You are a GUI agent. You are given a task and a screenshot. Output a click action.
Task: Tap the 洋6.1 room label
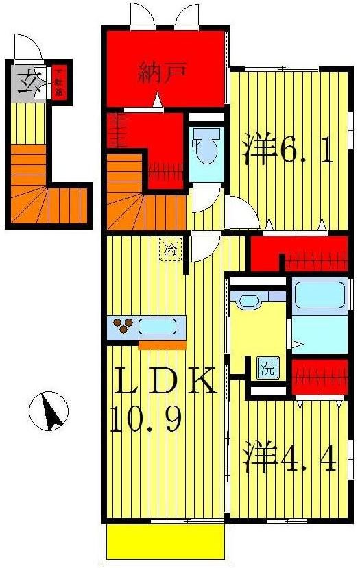coord(288,151)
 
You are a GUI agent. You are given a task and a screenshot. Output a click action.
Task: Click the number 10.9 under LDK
coord(146,418)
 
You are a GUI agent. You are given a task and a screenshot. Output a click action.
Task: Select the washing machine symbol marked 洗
coord(267,369)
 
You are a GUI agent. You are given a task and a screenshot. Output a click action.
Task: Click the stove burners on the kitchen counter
coord(123,326)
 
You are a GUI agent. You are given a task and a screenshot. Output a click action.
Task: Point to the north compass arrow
coord(49,410)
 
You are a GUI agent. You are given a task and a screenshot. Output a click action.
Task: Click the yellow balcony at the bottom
coord(165,543)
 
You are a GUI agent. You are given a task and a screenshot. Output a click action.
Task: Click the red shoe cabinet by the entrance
coord(59,82)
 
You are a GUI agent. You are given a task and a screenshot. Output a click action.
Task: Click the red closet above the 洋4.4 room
coord(318,376)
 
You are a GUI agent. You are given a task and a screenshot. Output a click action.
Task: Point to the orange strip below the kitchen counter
coord(162,345)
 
